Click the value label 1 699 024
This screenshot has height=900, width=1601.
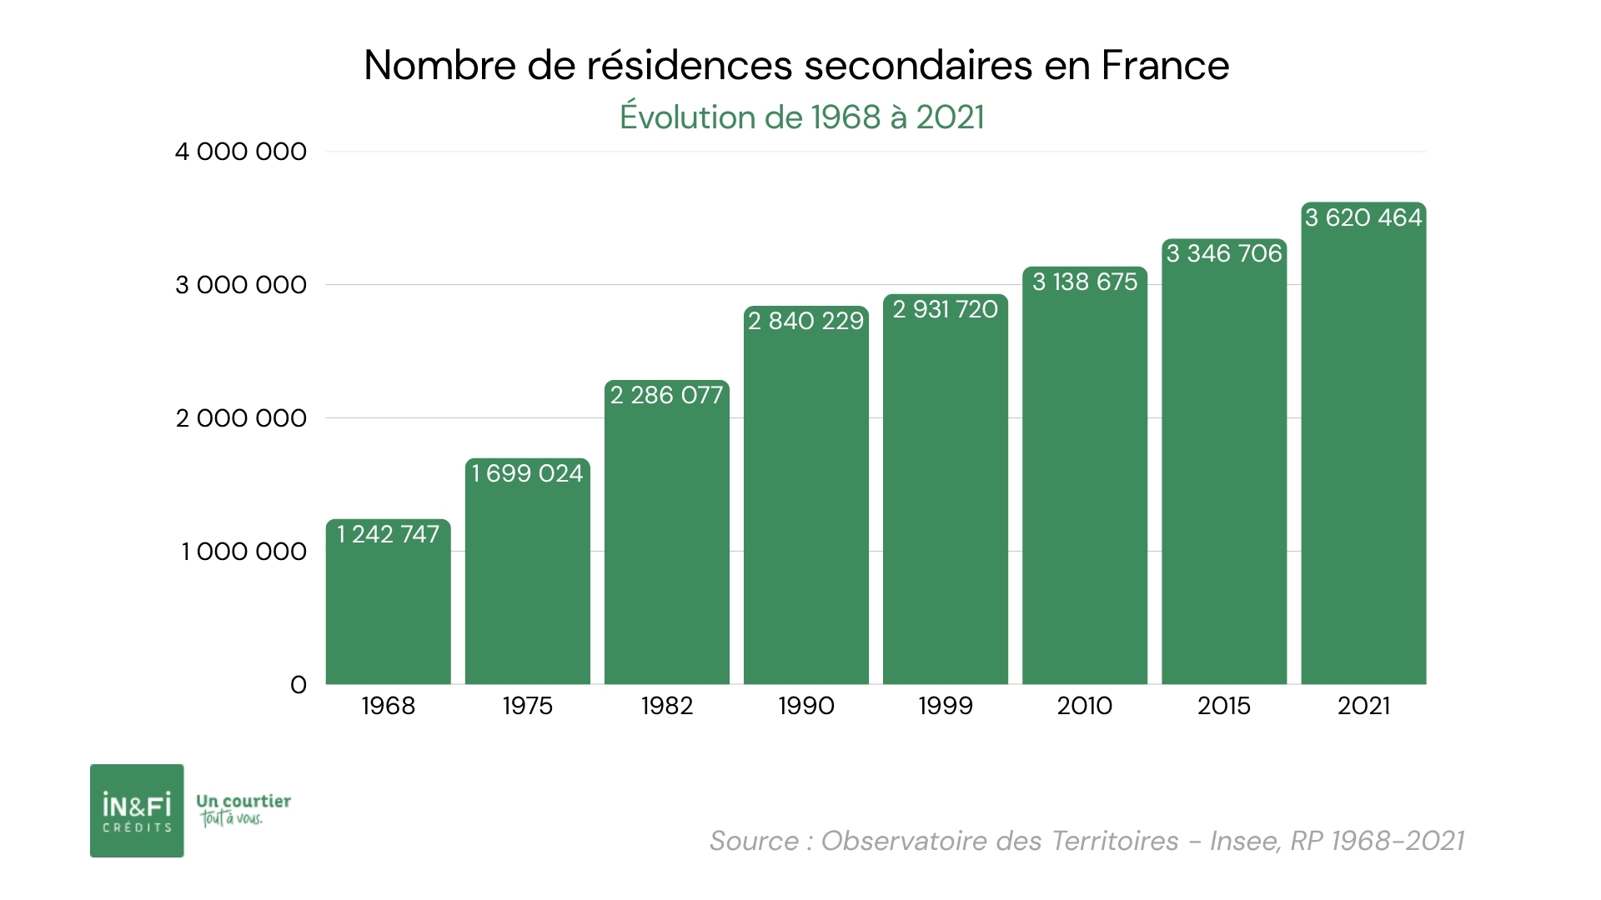(x=527, y=473)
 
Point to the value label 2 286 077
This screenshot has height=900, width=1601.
(x=666, y=395)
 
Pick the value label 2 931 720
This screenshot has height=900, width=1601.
(x=945, y=309)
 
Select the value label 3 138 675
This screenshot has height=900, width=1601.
(x=1084, y=282)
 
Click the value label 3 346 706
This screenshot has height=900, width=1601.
(x=1223, y=253)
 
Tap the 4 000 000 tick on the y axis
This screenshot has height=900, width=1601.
(x=240, y=152)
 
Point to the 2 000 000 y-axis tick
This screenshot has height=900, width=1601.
(x=240, y=418)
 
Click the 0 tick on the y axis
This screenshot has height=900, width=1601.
(x=298, y=685)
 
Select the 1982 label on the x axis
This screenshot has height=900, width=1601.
(x=666, y=706)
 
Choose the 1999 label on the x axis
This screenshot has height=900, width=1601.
(x=945, y=706)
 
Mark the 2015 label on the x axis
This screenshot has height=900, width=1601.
(x=1223, y=706)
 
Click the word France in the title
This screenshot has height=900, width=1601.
(x=1165, y=66)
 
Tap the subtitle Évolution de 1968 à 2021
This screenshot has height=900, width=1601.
(x=801, y=117)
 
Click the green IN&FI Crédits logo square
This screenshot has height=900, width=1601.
(x=137, y=810)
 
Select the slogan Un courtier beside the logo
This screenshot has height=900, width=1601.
(x=243, y=802)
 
